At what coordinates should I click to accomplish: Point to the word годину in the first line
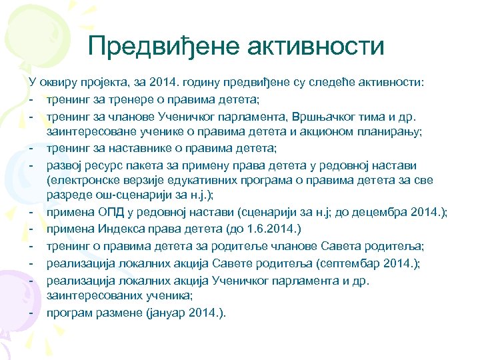(x=205, y=82)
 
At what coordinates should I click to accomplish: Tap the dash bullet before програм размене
(x=31, y=311)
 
